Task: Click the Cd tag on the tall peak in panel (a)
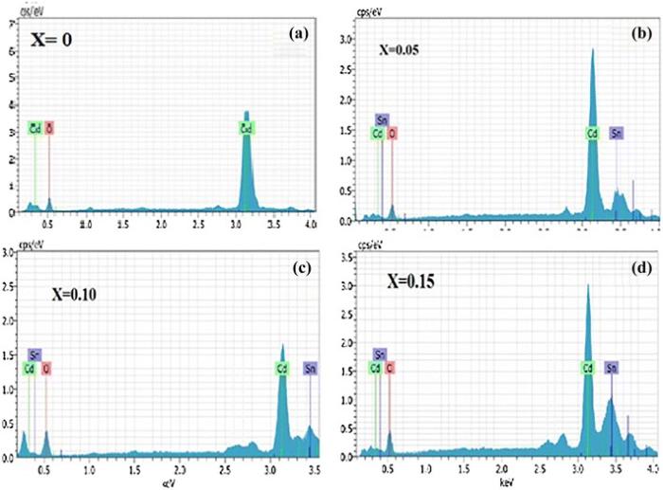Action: click(246, 126)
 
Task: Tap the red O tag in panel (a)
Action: click(49, 126)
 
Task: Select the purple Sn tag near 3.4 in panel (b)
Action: click(617, 133)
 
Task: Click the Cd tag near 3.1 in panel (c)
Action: click(282, 368)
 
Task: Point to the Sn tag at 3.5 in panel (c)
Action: click(310, 368)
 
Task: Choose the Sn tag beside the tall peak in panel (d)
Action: click(612, 367)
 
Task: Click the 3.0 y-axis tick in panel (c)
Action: click(8, 253)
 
